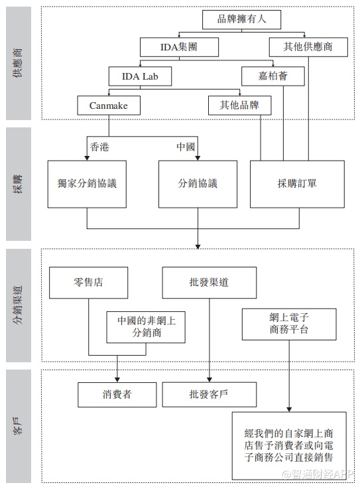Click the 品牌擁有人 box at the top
(241, 19)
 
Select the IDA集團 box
(179, 47)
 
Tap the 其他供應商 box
(308, 47)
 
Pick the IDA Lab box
(140, 76)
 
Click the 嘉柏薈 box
(272, 76)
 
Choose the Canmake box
(109, 105)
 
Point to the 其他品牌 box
(239, 105)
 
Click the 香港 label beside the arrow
(99, 147)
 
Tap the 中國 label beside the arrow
(186, 147)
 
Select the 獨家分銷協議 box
(87, 184)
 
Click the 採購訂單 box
(297, 184)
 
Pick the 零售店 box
(88, 283)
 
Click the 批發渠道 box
(210, 283)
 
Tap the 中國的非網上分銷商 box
(146, 327)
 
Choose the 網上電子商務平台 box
(289, 324)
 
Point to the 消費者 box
(117, 395)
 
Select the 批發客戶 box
(210, 395)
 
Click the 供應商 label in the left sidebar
(19, 63)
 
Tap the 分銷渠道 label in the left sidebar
(19, 305)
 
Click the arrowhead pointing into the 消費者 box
(117, 380)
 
